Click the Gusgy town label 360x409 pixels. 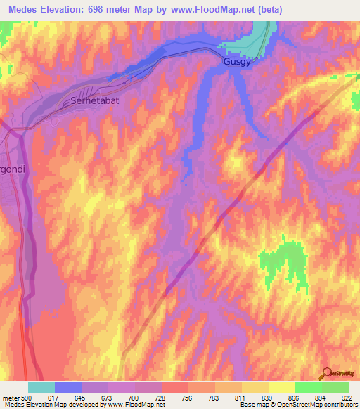(x=236, y=62)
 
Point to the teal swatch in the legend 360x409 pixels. (x=41, y=387)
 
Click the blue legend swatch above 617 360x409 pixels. (x=68, y=387)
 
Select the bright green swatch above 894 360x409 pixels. (x=308, y=387)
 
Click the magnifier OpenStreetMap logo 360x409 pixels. (x=326, y=372)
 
